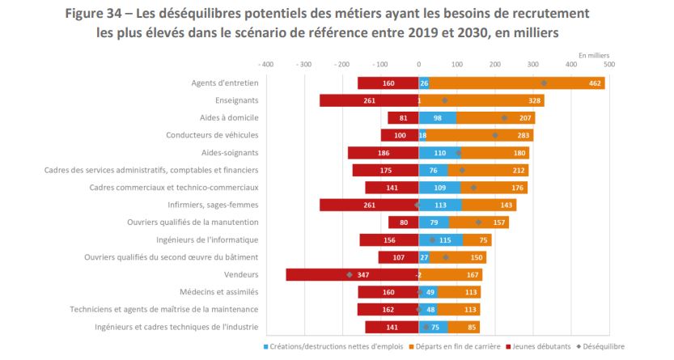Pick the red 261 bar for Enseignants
(x=368, y=100)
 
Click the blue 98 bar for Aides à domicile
(x=437, y=118)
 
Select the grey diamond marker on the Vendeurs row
(x=350, y=275)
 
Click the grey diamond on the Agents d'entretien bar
(x=544, y=83)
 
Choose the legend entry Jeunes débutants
(x=538, y=346)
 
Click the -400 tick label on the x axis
(x=265, y=64)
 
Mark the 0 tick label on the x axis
(x=418, y=64)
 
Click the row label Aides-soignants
(x=230, y=153)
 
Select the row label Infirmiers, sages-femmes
(x=213, y=205)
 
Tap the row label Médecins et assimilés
(x=218, y=292)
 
